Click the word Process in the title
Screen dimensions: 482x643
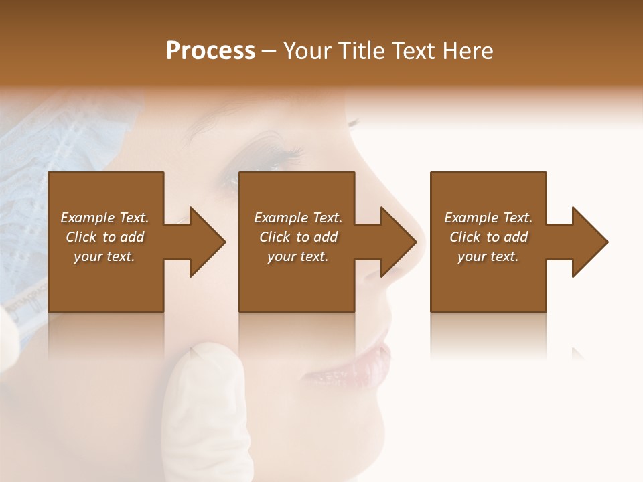pyautogui.click(x=210, y=51)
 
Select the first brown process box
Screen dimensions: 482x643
pyautogui.click(x=106, y=281)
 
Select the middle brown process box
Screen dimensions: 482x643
pyautogui.click(x=297, y=281)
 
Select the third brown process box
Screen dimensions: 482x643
pyautogui.click(x=488, y=281)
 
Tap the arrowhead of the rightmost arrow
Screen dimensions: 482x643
pyautogui.click(x=590, y=242)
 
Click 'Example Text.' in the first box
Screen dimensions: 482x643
pyautogui.click(x=104, y=218)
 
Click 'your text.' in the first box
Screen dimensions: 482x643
pyautogui.click(x=104, y=256)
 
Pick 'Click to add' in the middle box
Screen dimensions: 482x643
pyautogui.click(x=298, y=237)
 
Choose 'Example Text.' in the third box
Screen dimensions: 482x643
pyautogui.click(x=488, y=218)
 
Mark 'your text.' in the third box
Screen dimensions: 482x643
pyautogui.click(x=488, y=256)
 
